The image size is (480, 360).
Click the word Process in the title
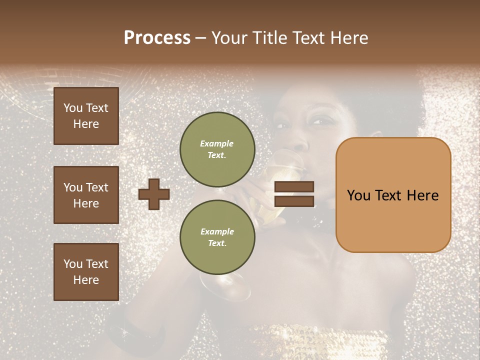[157, 38]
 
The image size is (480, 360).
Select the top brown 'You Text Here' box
[86, 116]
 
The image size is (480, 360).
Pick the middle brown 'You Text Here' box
[86, 195]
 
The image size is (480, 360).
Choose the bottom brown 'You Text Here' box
[86, 272]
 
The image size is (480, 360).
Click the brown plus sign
[154, 194]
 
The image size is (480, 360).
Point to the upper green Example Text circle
[217, 149]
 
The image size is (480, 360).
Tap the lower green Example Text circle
[217, 237]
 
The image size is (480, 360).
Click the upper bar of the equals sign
[294, 186]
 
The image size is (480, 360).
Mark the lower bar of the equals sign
[294, 201]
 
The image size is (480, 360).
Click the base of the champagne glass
[225, 290]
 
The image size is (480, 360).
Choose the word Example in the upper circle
[217, 143]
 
